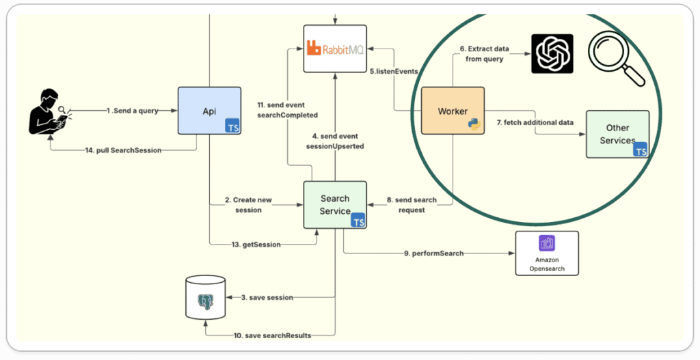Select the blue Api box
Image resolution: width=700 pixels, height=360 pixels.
click(209, 110)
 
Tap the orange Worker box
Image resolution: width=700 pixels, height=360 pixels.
click(453, 110)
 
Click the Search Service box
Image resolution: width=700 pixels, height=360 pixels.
click(335, 204)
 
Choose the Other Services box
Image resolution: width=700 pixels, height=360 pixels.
click(617, 134)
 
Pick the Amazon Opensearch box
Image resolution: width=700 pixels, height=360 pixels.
click(546, 253)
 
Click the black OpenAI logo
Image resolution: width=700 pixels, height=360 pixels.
click(553, 53)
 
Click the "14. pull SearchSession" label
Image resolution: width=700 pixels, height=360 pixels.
click(123, 150)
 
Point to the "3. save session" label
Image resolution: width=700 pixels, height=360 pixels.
click(267, 297)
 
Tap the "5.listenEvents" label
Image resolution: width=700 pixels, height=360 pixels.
click(394, 71)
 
